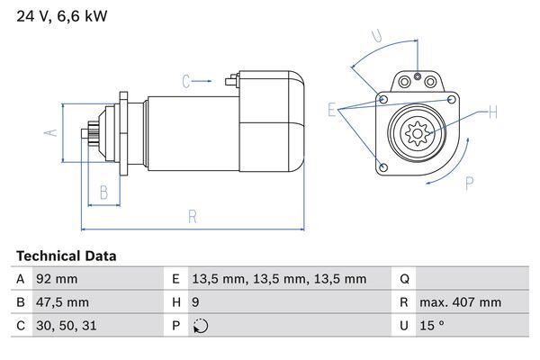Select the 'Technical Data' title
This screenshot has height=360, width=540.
click(66, 256)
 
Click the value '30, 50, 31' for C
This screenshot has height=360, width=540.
click(65, 326)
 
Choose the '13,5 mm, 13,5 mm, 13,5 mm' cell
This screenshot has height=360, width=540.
click(280, 279)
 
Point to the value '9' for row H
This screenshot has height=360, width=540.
click(197, 302)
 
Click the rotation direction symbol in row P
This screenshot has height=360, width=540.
click(200, 326)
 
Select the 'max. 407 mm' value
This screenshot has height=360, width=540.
click(463, 302)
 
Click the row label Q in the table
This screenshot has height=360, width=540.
click(404, 279)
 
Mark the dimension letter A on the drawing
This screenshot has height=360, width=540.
click(50, 133)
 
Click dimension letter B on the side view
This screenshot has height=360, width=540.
click(103, 192)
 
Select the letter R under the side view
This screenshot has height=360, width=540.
click(193, 216)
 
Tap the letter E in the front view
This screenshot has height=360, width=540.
click(332, 111)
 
